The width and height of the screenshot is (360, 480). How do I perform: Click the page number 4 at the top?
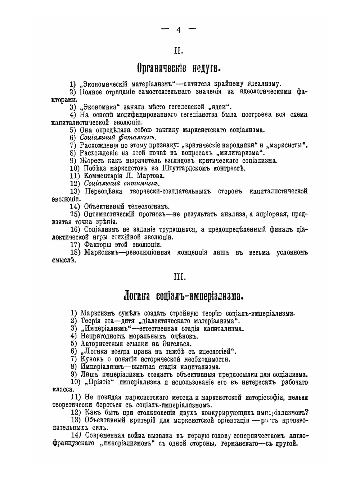[x=179, y=30]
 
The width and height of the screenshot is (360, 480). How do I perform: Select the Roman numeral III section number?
[x=179, y=277]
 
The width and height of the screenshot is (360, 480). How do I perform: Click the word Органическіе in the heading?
[x=162, y=68]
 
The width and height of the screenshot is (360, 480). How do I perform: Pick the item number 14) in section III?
[x=76, y=435]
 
